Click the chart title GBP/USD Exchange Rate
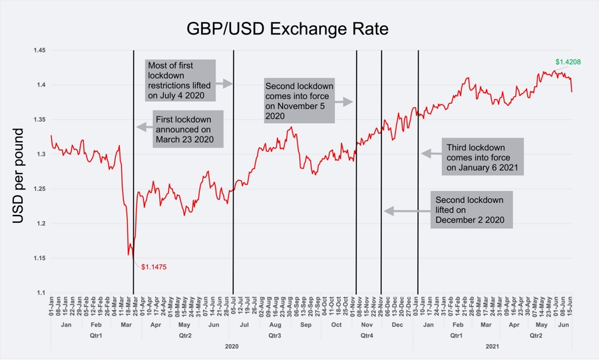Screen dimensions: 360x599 coord(286,29)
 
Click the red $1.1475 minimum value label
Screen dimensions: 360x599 coord(153,266)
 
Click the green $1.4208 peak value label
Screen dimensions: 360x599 coord(568,62)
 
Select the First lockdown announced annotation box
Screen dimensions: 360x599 coord(188,129)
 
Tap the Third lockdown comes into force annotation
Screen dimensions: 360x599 coord(483,157)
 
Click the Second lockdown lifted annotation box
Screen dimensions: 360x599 coord(472,210)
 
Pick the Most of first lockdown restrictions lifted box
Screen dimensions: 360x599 coord(180,80)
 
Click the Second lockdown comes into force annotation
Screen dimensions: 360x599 coord(299,101)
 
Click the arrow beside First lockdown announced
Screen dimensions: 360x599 coord(144,126)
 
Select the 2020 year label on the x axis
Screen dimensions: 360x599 coord(231,347)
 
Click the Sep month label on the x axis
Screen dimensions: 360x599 coord(305,325)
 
